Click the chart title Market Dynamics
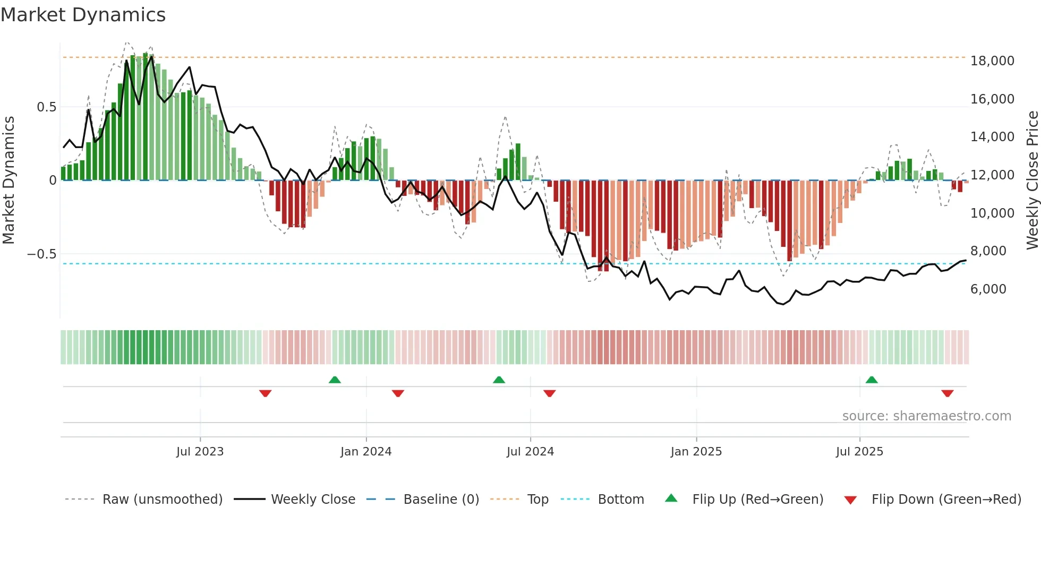pyautogui.click(x=83, y=15)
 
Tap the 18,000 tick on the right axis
pyautogui.click(x=992, y=61)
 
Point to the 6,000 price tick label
pyautogui.click(x=988, y=289)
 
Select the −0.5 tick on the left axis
pyautogui.click(x=42, y=254)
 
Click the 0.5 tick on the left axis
pyautogui.click(x=46, y=107)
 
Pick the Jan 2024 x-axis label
pyautogui.click(x=366, y=452)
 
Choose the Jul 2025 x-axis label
pyautogui.click(x=859, y=452)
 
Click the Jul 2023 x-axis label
pyautogui.click(x=200, y=452)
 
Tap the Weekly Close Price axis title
pyautogui.click(x=1032, y=180)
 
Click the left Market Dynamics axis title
pyautogui.click(x=8, y=180)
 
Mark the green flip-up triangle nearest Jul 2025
pyautogui.click(x=872, y=380)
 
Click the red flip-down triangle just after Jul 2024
pyautogui.click(x=550, y=393)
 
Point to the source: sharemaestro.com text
pyautogui.click(x=926, y=416)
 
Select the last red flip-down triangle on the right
pyautogui.click(x=948, y=393)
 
